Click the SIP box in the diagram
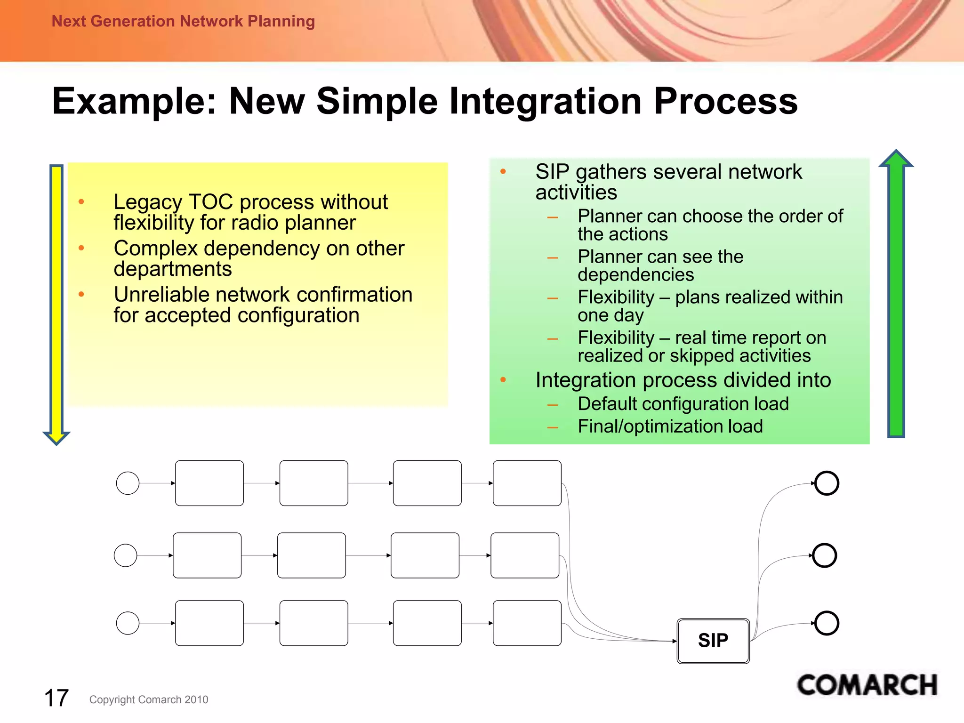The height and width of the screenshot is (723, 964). click(713, 641)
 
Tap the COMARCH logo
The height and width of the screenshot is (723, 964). click(867, 685)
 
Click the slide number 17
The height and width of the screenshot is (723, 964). click(56, 698)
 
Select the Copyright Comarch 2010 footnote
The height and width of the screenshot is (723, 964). click(149, 699)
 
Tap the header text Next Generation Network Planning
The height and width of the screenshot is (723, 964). click(183, 21)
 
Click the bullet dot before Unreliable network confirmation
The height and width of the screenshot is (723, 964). click(81, 295)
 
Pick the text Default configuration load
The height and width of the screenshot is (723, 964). click(683, 404)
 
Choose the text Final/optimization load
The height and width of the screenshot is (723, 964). click(670, 426)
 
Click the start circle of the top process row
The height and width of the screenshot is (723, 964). click(128, 483)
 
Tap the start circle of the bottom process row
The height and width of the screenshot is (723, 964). click(128, 623)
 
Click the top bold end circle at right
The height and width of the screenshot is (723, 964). click(827, 483)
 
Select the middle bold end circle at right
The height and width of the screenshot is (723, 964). click(824, 555)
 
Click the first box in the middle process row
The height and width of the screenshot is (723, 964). click(207, 555)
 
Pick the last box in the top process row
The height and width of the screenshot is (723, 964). click(527, 483)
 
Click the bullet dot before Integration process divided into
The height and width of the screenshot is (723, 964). click(503, 379)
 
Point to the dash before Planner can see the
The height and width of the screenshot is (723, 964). click(553, 258)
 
